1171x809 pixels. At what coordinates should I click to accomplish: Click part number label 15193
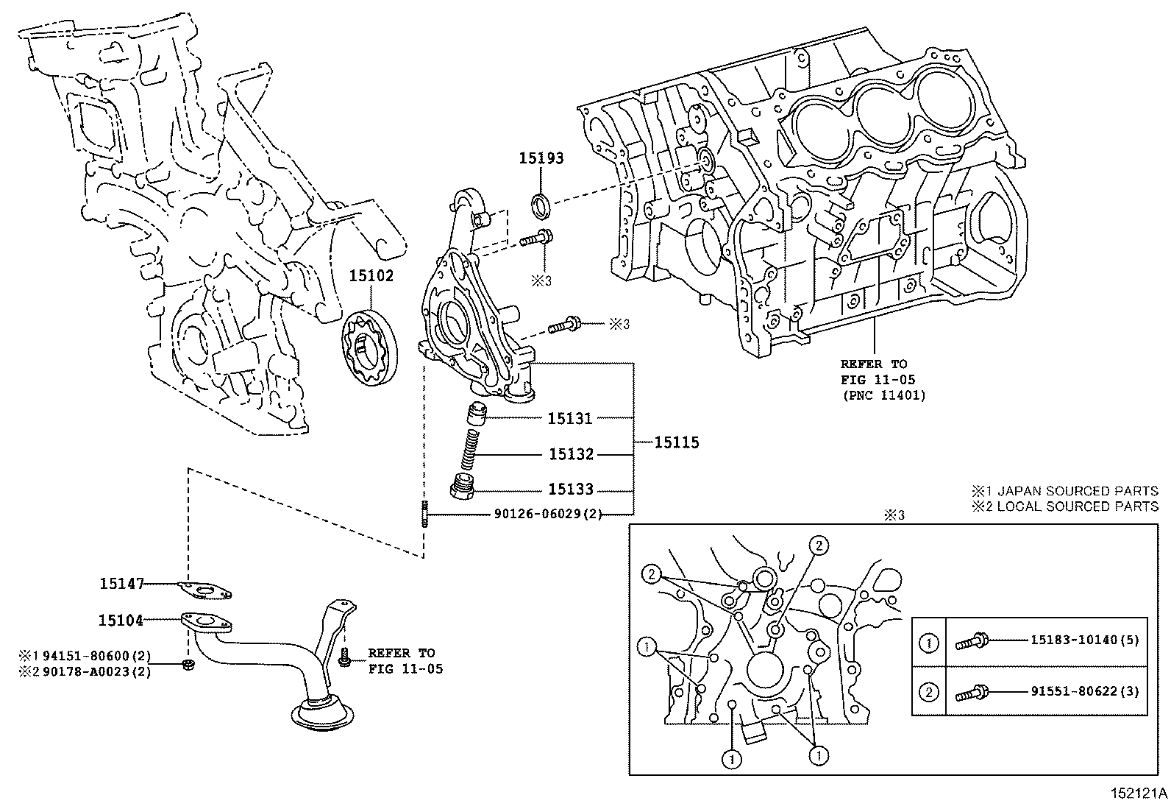click(x=541, y=158)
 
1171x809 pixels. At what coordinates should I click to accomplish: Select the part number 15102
click(x=371, y=276)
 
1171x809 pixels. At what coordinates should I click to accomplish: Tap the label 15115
click(x=677, y=442)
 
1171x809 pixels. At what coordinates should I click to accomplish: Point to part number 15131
click(x=570, y=419)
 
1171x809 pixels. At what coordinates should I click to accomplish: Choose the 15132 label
click(x=571, y=454)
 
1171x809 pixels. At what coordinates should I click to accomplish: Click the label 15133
click(x=571, y=490)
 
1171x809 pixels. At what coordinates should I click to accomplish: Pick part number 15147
click(x=122, y=584)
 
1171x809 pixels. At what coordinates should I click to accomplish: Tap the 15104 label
click(x=121, y=621)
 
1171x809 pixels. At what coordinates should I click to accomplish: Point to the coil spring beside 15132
click(x=470, y=449)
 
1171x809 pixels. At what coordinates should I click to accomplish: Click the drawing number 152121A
click(x=1139, y=794)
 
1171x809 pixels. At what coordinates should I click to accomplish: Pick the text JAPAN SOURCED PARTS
click(x=1078, y=491)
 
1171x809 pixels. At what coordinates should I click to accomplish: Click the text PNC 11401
click(x=884, y=395)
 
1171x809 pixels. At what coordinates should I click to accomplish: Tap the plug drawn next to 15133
click(x=462, y=486)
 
